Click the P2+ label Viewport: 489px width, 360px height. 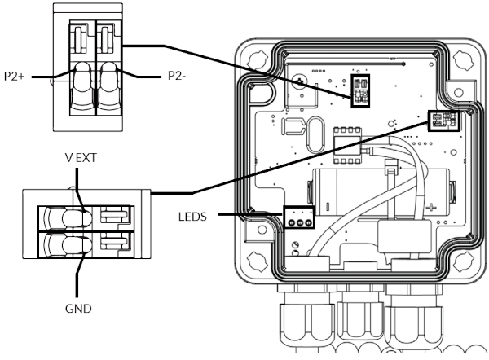14,76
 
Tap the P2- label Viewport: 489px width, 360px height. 177,76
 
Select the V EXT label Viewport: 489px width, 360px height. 81,158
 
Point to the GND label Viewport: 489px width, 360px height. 78,309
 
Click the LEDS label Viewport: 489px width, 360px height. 192,217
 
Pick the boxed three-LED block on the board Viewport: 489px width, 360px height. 299,217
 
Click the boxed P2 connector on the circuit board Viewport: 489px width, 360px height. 360,91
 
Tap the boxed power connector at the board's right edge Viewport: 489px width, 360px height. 444,121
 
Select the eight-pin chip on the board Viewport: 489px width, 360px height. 347,145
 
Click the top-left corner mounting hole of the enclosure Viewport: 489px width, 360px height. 258,59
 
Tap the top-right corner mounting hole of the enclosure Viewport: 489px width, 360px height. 463,59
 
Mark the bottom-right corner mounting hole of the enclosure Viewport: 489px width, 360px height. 463,261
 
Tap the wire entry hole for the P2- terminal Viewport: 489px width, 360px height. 109,84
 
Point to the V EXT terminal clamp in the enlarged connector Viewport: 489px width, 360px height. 69,217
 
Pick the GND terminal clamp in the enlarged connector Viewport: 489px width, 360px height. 69,245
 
